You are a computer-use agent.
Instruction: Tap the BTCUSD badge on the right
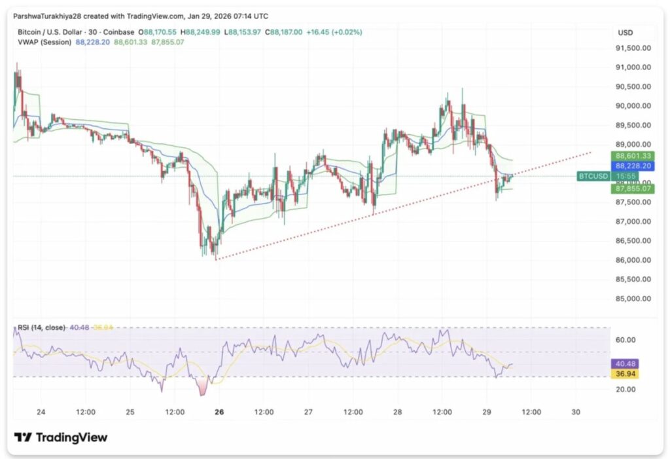593,177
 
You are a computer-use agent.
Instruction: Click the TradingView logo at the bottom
61,437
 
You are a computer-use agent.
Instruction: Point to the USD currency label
625,33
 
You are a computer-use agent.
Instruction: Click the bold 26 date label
219,412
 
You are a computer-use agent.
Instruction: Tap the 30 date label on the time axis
576,412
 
